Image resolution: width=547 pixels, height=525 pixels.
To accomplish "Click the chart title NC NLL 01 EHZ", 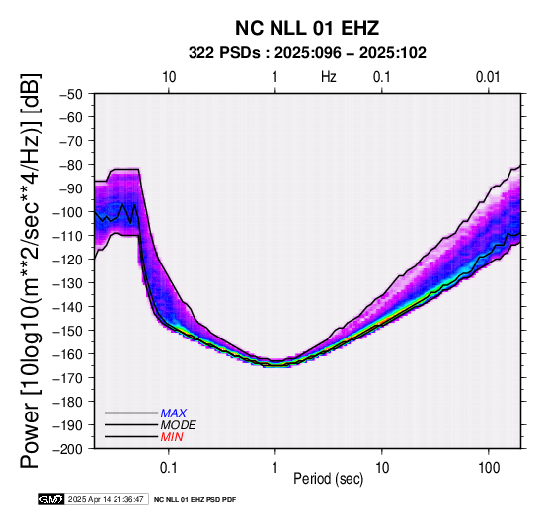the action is [x=307, y=28].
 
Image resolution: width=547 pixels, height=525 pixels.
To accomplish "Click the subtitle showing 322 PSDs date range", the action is [x=307, y=53].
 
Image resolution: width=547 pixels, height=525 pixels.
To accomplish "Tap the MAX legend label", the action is [x=174, y=413].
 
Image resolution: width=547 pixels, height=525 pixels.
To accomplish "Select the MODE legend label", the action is [x=179, y=425].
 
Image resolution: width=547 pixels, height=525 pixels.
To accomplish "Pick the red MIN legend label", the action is [x=172, y=437].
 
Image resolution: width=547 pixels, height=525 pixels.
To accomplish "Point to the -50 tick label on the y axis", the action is [x=70, y=94].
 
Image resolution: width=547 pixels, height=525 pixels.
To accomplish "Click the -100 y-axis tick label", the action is [x=67, y=212].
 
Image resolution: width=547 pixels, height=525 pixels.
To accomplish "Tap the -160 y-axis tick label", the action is [x=67, y=354].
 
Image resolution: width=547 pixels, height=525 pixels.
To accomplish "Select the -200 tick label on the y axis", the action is [x=67, y=449].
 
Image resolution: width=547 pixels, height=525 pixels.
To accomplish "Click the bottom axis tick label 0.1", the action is [x=169, y=468].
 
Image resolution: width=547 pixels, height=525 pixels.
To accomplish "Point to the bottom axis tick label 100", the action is [x=489, y=468].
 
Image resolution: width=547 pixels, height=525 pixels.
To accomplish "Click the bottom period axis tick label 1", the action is [x=275, y=468].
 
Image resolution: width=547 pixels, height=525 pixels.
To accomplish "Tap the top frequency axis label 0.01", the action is [x=489, y=77].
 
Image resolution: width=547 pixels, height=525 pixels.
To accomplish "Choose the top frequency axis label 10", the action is [x=169, y=77].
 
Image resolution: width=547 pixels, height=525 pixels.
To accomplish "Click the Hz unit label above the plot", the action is [x=329, y=77].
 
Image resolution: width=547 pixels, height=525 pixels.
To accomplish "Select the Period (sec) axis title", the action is [x=328, y=479].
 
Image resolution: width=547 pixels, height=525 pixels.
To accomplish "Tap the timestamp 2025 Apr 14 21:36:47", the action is [x=106, y=499].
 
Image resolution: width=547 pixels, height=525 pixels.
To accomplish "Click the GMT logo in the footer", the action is [x=51, y=499].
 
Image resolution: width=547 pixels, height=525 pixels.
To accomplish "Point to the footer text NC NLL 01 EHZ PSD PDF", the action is [x=195, y=500].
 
